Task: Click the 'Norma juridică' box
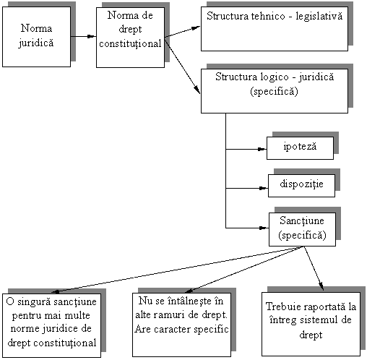tap(36, 37)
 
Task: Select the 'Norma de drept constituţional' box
tap(130, 38)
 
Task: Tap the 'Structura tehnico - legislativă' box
tap(275, 29)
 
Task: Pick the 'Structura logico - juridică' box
tap(275, 91)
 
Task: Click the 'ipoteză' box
tap(300, 148)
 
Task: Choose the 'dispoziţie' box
tap(301, 186)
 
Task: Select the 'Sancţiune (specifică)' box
tap(302, 229)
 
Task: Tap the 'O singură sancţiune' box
tap(51, 325)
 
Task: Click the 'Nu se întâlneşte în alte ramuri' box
tap(181, 325)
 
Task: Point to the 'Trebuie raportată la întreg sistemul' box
tap(311, 324)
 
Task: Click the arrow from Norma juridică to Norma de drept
tap(83, 37)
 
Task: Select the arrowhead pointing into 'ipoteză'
tap(262, 149)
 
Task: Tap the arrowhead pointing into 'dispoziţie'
tap(264, 188)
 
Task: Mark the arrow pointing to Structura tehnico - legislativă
tap(183, 32)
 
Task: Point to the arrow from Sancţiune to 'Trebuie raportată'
tap(314, 268)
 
